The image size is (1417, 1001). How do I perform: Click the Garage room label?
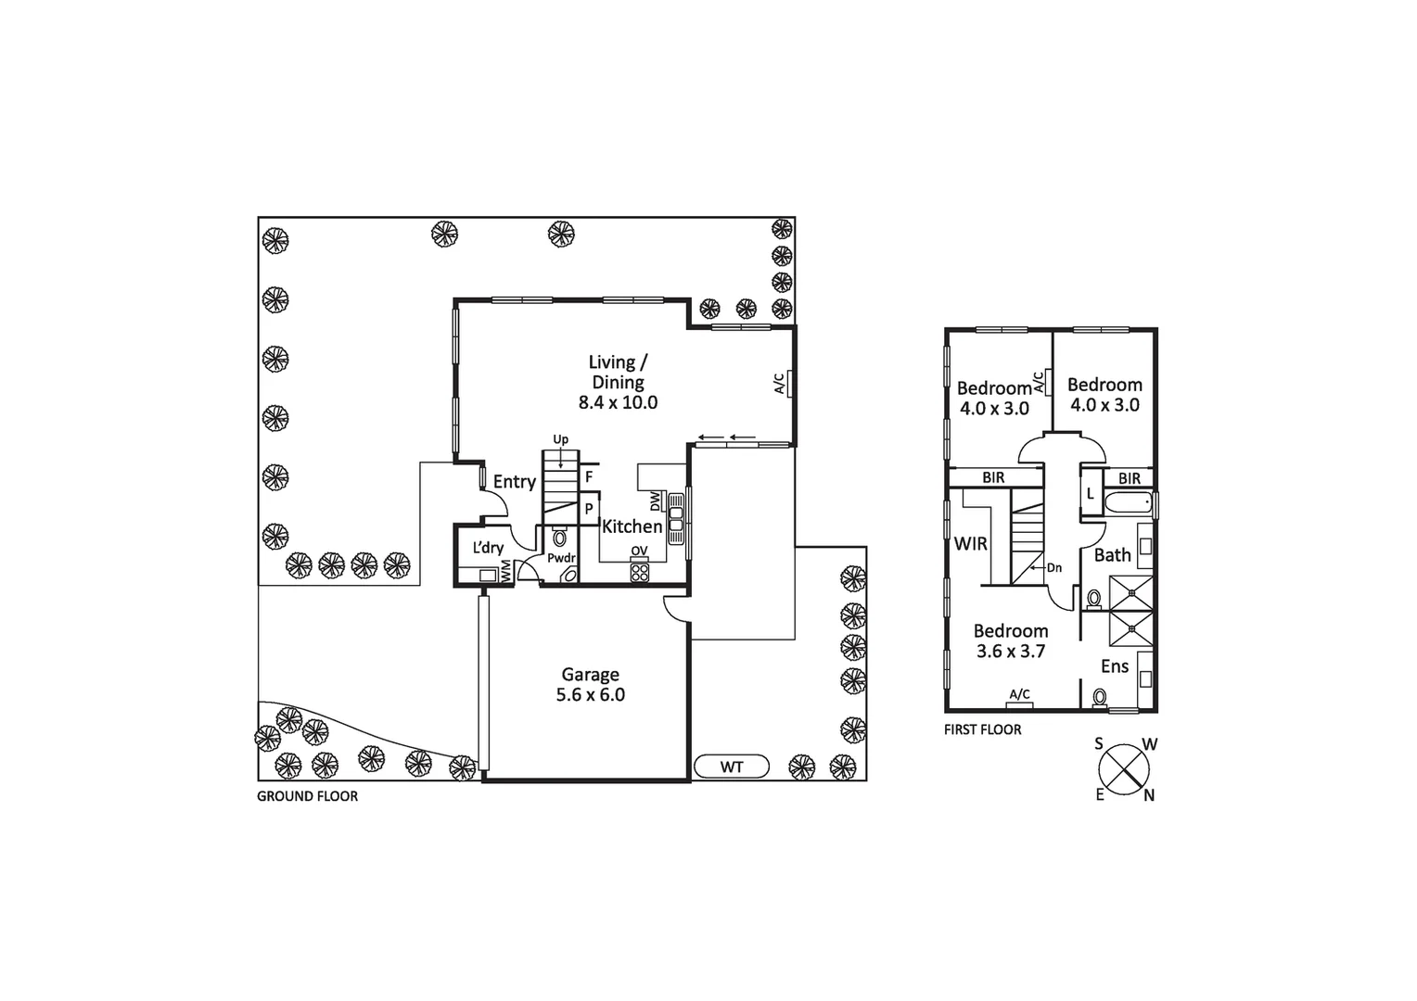coord(590,675)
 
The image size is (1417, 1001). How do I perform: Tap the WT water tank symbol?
coord(732,767)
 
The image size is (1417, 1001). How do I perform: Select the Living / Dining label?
coord(618,372)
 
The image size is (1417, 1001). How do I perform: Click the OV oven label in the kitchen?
coord(639,551)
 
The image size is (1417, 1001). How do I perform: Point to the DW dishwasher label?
coord(656,501)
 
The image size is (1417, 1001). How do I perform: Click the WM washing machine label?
coord(506,573)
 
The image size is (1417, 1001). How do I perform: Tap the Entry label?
coord(514,482)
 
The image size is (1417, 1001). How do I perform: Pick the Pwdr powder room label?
coord(561,558)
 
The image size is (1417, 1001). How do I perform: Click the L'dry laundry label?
coord(488,548)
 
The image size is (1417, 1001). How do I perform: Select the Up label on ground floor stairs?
coord(560,439)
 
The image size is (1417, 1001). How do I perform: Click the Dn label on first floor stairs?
coord(1053,568)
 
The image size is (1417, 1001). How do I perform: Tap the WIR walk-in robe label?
coord(971,544)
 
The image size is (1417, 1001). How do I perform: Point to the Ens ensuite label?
coord(1115,666)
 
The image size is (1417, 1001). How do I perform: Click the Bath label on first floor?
coord(1112,555)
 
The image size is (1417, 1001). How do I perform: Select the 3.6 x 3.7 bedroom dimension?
coord(1011,652)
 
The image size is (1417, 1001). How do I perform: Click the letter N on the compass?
coord(1149,795)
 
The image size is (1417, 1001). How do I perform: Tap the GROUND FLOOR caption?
coord(307,796)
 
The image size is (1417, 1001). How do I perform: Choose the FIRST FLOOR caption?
coord(982,730)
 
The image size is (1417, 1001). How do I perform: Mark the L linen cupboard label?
coord(1091,494)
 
